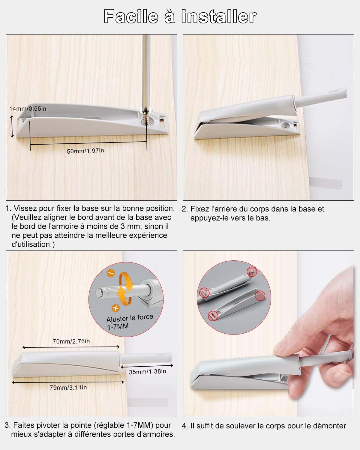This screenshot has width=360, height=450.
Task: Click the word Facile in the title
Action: point(130,16)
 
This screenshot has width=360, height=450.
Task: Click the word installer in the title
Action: point(219,16)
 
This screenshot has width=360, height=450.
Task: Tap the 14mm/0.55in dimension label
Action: point(28,109)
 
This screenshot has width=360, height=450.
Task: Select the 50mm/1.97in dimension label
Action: point(85,151)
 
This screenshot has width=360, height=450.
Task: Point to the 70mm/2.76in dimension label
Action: point(71,341)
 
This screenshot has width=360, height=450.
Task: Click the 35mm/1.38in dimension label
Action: point(147,372)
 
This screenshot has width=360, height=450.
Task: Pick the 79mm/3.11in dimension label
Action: point(68,388)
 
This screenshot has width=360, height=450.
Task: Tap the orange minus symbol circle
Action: point(110,273)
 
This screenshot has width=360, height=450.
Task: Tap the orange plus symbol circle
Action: point(115,308)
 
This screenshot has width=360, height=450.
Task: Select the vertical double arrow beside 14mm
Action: point(12,127)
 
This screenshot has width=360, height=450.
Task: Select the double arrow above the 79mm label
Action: point(68,382)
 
